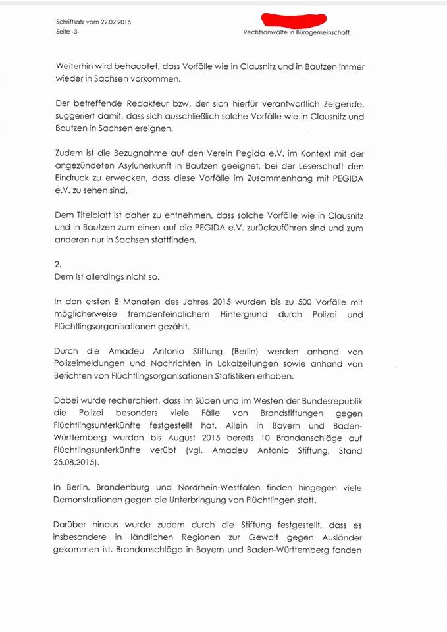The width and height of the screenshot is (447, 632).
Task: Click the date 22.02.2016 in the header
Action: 115,22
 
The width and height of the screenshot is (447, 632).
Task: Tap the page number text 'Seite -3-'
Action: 68,31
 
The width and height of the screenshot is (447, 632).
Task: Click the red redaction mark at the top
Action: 294,21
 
